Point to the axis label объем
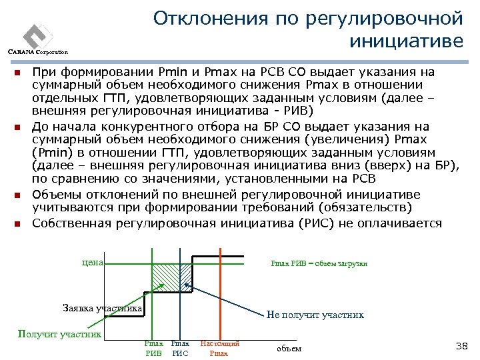(x=289, y=348)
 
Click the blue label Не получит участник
(x=315, y=315)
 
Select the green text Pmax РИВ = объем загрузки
(x=319, y=263)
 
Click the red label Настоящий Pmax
(x=219, y=348)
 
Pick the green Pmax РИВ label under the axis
(x=153, y=348)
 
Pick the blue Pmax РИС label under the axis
(x=180, y=348)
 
